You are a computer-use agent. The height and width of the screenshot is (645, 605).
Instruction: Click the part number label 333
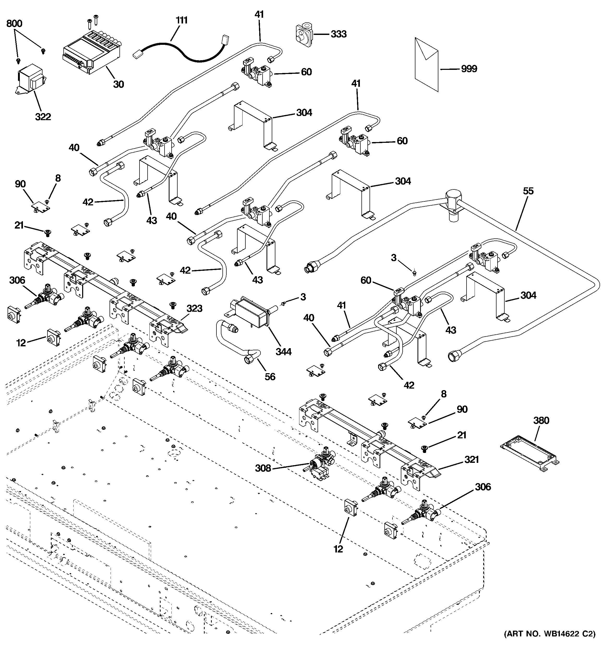click(x=338, y=34)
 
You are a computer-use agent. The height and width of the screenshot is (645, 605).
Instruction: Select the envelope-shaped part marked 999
click(x=426, y=64)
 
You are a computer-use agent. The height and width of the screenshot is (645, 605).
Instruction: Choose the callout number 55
click(x=528, y=191)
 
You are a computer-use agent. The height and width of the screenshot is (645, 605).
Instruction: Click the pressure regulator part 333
click(x=303, y=33)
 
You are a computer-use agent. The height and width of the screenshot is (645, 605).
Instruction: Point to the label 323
click(x=194, y=308)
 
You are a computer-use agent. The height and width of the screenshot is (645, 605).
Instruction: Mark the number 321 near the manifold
click(x=471, y=459)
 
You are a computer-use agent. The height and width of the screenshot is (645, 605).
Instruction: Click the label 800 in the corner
click(x=14, y=23)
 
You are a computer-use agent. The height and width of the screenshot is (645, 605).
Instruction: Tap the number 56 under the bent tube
click(x=270, y=376)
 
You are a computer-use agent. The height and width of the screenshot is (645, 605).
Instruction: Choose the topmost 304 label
click(x=304, y=113)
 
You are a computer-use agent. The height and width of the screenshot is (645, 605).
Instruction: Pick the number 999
click(x=469, y=69)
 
